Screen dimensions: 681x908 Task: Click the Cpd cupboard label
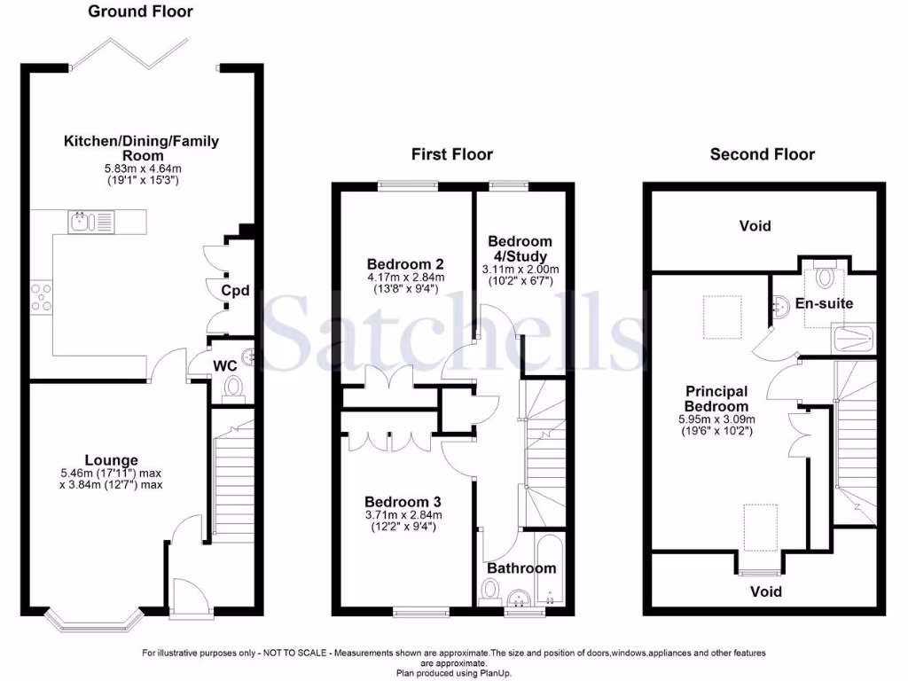coord(235,291)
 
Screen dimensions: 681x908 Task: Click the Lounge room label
coord(111,460)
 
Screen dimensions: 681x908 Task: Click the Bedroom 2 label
coord(405,263)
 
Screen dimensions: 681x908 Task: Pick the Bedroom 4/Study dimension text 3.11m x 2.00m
coord(520,270)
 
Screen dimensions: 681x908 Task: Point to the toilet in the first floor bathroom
coord(489,591)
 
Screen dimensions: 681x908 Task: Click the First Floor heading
coord(451,154)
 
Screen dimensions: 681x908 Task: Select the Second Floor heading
coord(762,154)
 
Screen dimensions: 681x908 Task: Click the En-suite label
coord(823,303)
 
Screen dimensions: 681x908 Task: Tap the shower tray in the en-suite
coord(855,338)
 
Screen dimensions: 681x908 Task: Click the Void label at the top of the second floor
coord(755,226)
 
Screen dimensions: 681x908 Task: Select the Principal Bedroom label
coord(716,398)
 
